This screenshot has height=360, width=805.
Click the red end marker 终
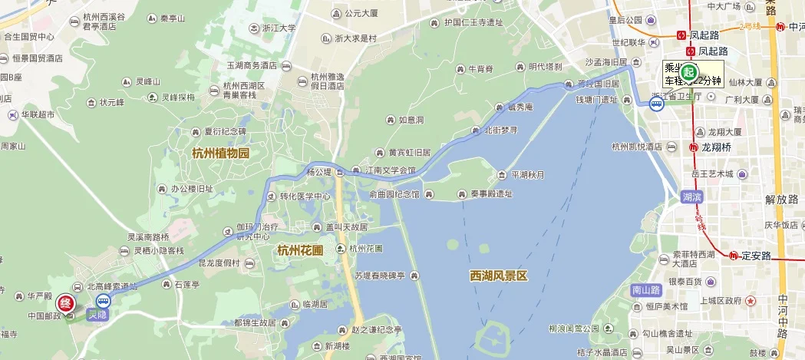click(66, 304)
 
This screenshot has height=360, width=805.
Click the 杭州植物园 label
click(221, 153)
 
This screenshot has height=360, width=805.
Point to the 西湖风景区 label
click(499, 276)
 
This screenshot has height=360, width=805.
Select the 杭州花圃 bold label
click(300, 249)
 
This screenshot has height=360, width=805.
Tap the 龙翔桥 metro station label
click(716, 147)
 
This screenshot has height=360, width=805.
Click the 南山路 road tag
click(645, 290)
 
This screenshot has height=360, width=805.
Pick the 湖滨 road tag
click(692, 197)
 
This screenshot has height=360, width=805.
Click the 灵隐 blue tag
click(97, 314)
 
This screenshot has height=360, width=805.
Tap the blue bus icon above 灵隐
click(103, 300)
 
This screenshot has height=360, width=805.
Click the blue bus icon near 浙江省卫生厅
click(657, 104)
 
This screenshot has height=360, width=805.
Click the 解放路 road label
click(781, 200)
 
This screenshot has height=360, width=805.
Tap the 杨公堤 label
click(318, 171)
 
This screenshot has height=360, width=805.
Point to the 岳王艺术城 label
click(718, 173)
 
